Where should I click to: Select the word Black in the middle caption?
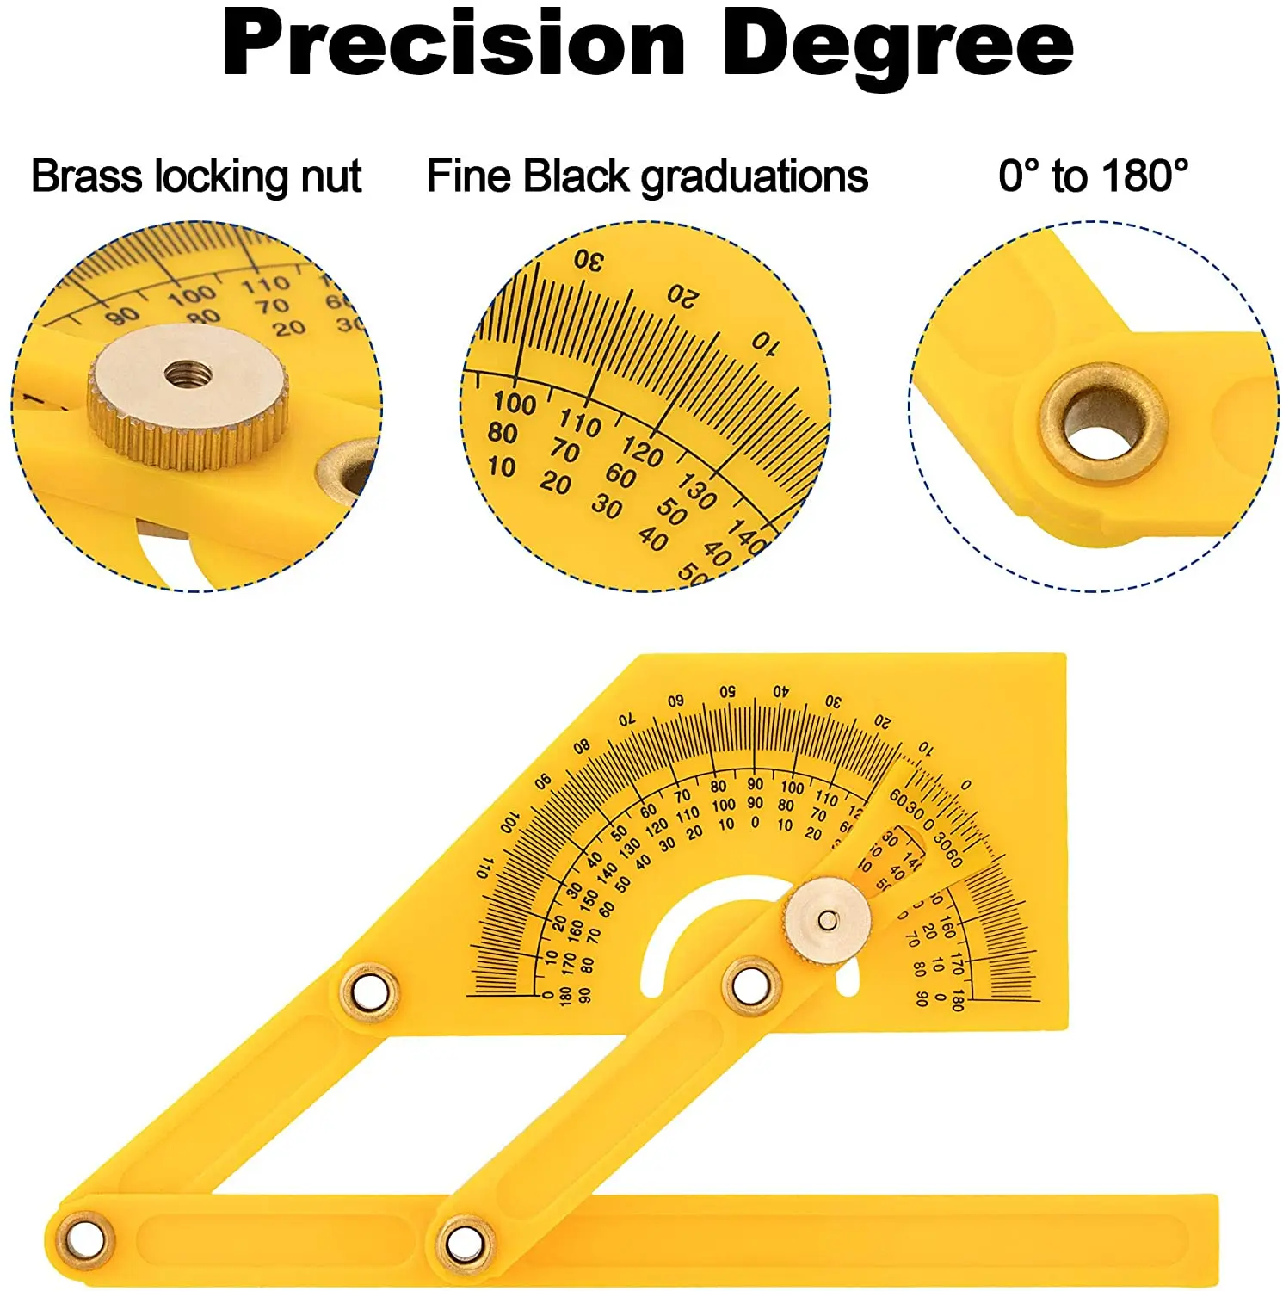(576, 176)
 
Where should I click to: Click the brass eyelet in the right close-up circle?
(1101, 422)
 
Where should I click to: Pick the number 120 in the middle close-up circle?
(642, 451)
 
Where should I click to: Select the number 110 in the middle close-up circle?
(580, 423)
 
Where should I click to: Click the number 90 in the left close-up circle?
(122, 316)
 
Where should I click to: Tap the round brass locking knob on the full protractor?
(827, 921)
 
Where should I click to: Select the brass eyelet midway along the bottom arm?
(465, 1241)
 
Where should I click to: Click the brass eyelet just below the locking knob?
(751, 985)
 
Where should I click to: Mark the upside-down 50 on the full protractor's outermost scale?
(728, 692)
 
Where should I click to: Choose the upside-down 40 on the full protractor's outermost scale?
(780, 691)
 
